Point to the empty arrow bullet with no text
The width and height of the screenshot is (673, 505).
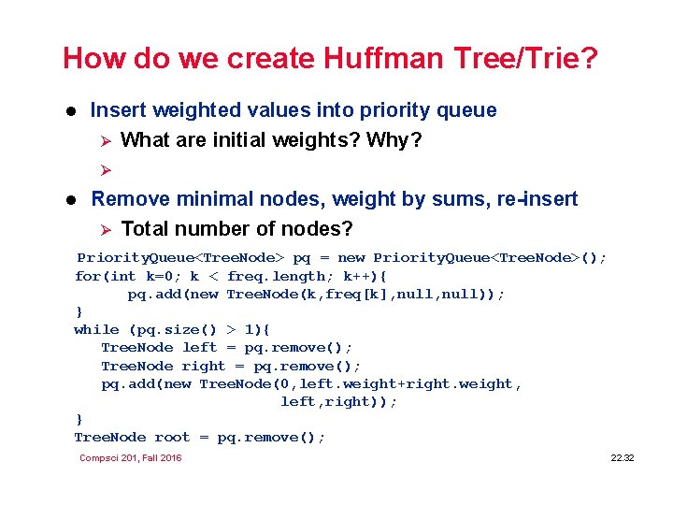(x=106, y=170)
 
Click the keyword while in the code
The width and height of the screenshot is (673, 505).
(x=96, y=329)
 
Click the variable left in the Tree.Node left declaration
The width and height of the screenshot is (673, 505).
(x=200, y=347)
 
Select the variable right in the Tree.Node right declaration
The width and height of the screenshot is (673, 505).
(x=204, y=366)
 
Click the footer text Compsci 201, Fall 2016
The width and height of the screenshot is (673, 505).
(x=131, y=458)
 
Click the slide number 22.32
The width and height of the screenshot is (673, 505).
(x=623, y=458)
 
